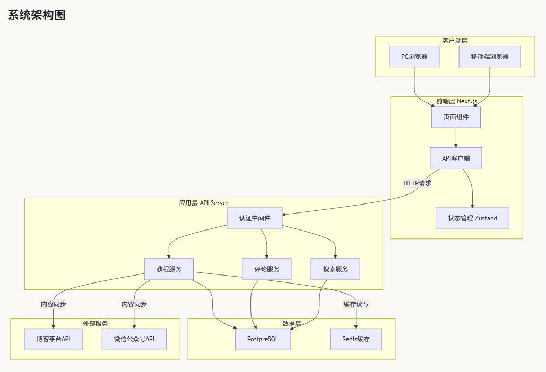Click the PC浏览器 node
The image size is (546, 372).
click(414, 57)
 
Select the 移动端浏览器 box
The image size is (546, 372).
click(489, 57)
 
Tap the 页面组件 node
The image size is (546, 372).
click(456, 117)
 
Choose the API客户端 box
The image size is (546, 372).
click(456, 158)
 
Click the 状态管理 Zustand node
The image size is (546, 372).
click(472, 218)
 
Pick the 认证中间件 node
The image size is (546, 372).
click(255, 218)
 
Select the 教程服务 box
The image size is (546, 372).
click(169, 269)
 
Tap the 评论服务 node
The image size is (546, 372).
click(267, 269)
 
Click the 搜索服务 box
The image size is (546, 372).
click(335, 269)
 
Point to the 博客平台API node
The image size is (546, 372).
click(53, 339)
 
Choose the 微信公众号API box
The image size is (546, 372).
click(134, 339)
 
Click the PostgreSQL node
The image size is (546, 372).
click(263, 339)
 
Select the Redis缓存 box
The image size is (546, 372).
click(356, 339)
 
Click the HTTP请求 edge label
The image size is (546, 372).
click(417, 183)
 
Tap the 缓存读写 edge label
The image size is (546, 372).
click(356, 304)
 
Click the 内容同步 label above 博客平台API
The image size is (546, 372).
click(53, 304)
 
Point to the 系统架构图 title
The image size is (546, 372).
click(37, 15)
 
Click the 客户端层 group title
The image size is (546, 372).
click(455, 41)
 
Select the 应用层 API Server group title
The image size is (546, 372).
click(204, 203)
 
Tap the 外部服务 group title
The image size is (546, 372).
click(95, 323)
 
